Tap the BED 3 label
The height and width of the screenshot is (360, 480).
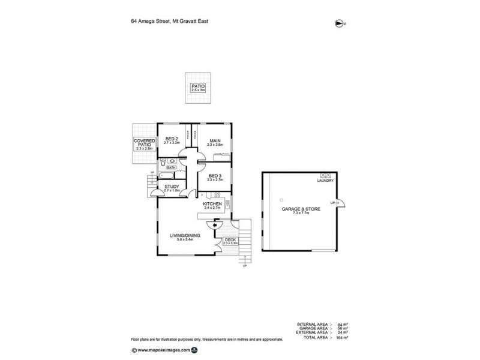(215, 176)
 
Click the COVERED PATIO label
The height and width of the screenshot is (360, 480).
(144, 144)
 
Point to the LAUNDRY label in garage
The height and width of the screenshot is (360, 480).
(326, 181)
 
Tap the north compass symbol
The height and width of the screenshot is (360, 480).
(340, 23)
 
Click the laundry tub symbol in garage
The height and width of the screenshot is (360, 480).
(326, 174)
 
